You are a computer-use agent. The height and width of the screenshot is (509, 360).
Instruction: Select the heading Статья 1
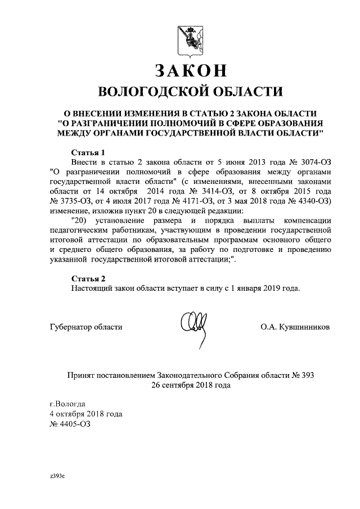pos(89,152)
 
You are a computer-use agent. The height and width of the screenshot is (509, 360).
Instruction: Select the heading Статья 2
pos(89,278)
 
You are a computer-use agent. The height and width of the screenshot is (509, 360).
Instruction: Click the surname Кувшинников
pos(305,327)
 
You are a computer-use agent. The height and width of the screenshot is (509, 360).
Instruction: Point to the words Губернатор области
pos(86,327)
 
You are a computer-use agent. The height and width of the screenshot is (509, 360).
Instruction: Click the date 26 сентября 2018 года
pos(190,385)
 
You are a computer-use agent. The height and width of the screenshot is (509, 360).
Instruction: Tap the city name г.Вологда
pos(67,404)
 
